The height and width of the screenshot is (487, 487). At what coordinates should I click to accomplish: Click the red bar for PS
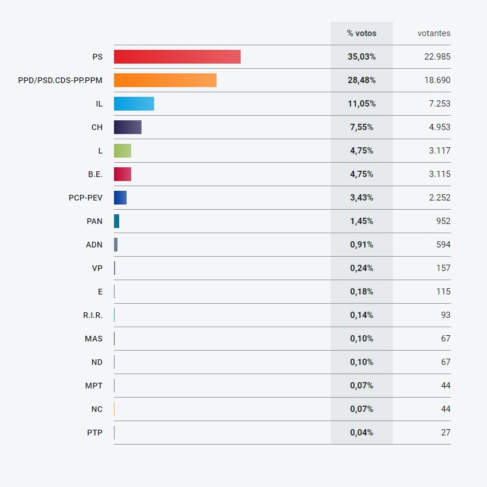coord(177,57)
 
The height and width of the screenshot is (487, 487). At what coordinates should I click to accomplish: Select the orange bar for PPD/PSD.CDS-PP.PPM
coord(165,80)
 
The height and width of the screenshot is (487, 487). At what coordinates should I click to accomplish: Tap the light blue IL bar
coord(134,104)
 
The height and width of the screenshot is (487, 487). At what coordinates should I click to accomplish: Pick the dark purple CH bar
coord(127,127)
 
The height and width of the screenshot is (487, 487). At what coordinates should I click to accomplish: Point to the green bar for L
coord(123,151)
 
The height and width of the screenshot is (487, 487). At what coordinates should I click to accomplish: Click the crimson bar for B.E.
coord(123,174)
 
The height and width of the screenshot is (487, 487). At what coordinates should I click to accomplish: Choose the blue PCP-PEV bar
coord(120,198)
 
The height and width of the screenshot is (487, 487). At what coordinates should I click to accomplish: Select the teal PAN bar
coord(117,221)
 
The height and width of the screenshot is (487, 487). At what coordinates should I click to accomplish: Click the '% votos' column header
coord(362,33)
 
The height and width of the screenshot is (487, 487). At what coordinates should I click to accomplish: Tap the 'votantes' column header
coord(434,33)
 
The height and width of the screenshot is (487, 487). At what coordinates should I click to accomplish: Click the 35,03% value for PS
coord(362,57)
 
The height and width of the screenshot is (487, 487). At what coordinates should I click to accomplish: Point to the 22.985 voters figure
coord(437,57)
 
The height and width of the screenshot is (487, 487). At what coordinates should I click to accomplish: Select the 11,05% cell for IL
coord(362,104)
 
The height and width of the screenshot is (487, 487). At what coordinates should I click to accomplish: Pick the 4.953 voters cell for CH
coord(439,127)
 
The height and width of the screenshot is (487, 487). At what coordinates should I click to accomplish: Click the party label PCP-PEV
coord(85,198)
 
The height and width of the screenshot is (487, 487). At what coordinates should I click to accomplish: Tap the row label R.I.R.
coord(93,315)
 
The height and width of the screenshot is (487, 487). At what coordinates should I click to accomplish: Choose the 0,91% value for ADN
coord(362,245)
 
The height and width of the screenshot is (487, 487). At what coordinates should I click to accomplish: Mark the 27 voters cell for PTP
coord(445,433)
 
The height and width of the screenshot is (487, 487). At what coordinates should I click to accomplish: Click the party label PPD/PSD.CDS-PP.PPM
coord(60,80)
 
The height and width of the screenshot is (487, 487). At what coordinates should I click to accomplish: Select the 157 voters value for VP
coord(443,268)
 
